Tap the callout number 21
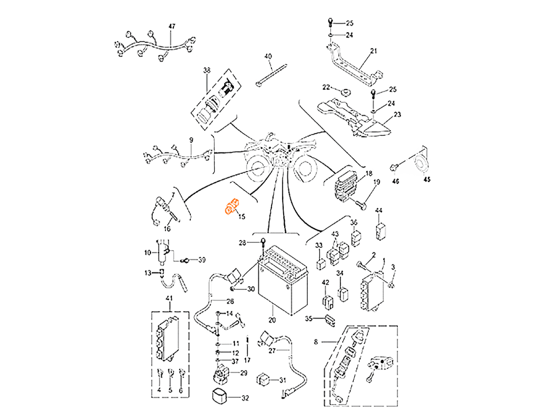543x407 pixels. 373,51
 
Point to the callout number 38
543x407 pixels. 206,70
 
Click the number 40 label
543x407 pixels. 268,56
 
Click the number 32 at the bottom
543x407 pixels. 245,397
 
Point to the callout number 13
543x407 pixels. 148,272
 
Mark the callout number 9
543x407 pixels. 190,140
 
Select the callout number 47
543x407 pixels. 171,26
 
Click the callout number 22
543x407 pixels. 327,86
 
